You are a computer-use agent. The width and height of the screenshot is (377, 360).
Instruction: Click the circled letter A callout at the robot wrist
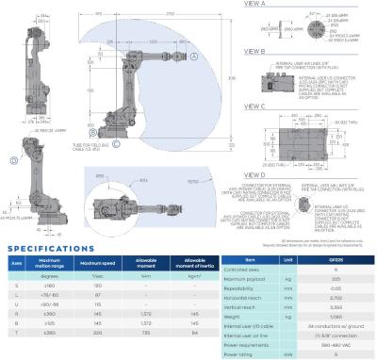[194, 57]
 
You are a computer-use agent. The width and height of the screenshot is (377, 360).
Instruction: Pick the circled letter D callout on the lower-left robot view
[13, 161]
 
